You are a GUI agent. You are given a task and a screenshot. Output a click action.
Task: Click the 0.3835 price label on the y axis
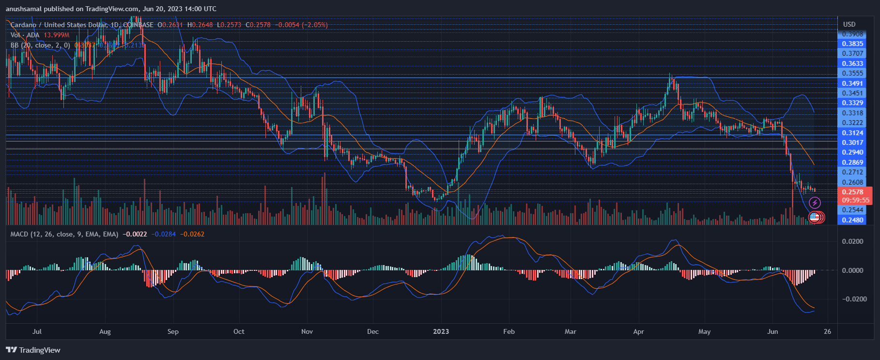pos(852,44)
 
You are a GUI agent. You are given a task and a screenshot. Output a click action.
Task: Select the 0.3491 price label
pos(852,83)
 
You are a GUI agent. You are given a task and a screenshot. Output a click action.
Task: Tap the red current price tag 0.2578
pos(852,192)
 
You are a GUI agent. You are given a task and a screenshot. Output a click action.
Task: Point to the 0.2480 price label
pos(852,220)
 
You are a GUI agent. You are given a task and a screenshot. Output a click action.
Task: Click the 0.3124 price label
pos(852,133)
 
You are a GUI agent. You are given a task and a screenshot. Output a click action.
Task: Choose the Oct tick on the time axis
pos(239,331)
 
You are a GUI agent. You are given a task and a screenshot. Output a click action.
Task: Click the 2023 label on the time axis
pos(441,331)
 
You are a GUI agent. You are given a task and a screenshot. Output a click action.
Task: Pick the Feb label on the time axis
pos(509,331)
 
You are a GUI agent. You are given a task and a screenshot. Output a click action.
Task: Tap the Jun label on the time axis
pos(772,331)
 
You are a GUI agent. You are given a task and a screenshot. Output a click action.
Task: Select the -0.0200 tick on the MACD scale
pos(850,299)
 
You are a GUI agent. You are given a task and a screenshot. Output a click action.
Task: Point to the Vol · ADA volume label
pos(25,35)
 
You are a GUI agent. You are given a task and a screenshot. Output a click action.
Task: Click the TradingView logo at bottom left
pos(33,350)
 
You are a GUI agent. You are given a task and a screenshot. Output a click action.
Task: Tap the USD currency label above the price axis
pos(849,24)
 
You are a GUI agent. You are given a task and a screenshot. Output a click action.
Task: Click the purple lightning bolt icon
pos(815,203)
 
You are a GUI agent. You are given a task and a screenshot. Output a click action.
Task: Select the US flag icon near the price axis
pos(814,217)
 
